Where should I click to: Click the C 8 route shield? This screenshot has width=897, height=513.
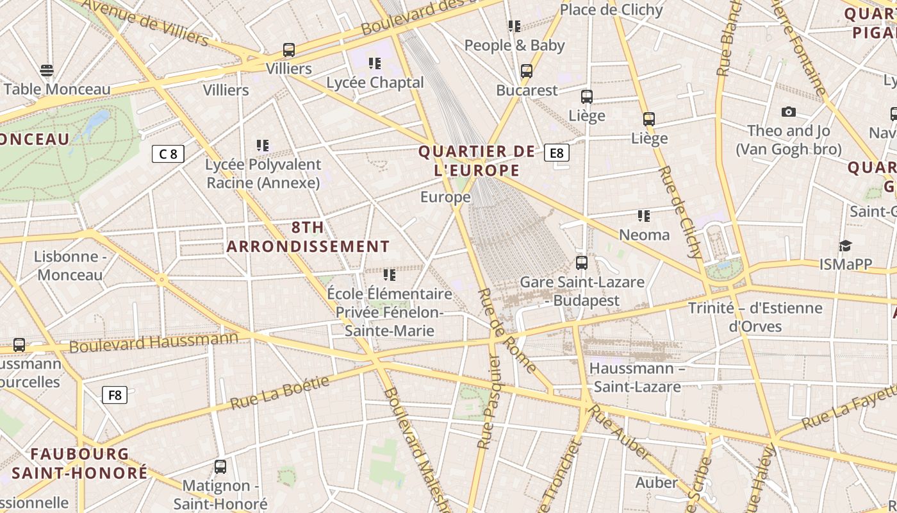(x=168, y=154)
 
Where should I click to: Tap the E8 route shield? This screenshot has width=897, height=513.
(x=556, y=153)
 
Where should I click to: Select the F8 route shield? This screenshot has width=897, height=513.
(x=115, y=395)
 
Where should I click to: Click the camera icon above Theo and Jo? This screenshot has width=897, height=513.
(x=789, y=112)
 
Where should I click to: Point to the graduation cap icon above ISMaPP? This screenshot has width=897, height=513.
(x=845, y=246)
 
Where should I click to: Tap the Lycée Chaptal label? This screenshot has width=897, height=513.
(x=375, y=83)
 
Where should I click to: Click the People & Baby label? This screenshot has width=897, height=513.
(x=514, y=46)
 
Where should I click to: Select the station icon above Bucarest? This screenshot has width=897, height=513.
(x=527, y=71)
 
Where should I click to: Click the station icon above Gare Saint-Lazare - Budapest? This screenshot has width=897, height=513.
(x=582, y=263)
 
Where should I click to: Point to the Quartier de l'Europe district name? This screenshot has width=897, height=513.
(x=477, y=161)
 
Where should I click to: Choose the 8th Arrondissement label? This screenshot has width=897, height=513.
(x=308, y=237)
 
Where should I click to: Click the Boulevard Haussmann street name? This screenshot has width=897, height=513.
(x=154, y=342)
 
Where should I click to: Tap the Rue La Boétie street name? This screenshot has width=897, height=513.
(x=279, y=393)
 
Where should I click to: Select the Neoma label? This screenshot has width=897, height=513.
(x=644, y=235)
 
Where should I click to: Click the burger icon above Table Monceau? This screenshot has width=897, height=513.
(x=47, y=70)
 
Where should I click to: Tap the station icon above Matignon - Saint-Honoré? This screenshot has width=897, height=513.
(x=220, y=467)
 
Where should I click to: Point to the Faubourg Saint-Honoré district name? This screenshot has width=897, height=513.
(x=80, y=464)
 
